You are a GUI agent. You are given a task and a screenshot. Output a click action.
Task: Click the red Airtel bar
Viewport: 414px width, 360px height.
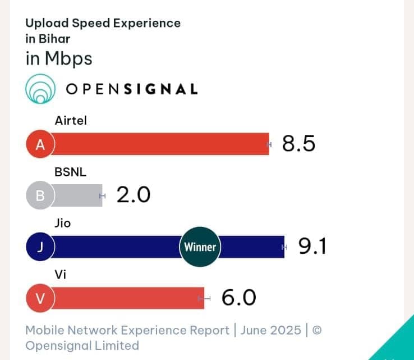[160, 144]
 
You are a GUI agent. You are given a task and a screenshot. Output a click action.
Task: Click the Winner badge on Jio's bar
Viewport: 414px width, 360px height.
[200, 247]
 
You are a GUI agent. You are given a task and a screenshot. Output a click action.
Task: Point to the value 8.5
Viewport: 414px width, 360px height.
[298, 144]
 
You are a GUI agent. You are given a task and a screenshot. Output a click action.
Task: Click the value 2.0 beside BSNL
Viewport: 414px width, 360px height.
[134, 195]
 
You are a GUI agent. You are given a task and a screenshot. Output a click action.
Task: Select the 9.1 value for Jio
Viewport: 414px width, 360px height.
[312, 247]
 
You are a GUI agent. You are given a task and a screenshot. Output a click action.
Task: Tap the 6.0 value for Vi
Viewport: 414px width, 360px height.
[239, 298]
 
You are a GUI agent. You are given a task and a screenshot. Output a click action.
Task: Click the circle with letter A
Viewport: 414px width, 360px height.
[40, 145]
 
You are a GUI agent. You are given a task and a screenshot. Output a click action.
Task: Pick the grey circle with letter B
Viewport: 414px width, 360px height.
[40, 196]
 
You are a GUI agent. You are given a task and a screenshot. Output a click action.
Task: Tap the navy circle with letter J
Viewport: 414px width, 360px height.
[40, 247]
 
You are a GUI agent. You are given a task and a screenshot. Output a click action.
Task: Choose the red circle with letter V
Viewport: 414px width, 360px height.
[40, 298]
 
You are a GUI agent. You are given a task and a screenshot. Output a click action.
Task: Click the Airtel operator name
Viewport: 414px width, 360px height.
[71, 120]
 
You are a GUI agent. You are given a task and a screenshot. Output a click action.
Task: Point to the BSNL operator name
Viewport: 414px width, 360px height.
[71, 172]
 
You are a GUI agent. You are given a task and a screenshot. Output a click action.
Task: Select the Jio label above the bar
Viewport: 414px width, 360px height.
[62, 223]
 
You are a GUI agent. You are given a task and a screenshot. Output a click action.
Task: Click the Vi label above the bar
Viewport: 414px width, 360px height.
[60, 275]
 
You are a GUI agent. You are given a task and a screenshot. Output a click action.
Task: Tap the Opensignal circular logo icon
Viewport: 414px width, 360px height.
[41, 89]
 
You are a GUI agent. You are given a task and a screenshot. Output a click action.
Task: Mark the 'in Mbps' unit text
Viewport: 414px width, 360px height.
[59, 58]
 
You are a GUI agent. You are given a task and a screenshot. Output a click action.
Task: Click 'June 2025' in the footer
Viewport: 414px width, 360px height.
[270, 330]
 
